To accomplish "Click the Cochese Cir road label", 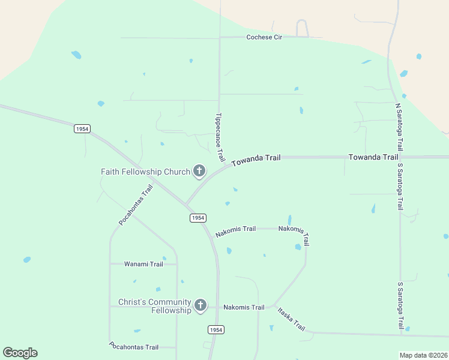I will click(264, 37).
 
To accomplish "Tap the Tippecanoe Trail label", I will click(220, 137).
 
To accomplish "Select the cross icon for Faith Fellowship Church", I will click(199, 172).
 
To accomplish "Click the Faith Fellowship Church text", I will click(145, 172).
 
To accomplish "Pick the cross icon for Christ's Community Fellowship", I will click(200, 306).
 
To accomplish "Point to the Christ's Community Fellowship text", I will click(154, 306).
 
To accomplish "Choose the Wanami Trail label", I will click(143, 264).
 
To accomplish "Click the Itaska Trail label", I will click(291, 319).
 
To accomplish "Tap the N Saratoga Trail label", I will click(399, 127).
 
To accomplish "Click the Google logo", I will click(20, 353).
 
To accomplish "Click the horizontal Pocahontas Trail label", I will click(134, 347).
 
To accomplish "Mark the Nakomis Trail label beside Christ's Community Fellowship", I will click(244, 307).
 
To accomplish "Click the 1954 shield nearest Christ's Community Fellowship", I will click(216, 329).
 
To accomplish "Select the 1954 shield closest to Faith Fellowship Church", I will click(198, 218).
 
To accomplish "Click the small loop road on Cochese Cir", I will click(302, 28).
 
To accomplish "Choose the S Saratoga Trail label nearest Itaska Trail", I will click(400, 305).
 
